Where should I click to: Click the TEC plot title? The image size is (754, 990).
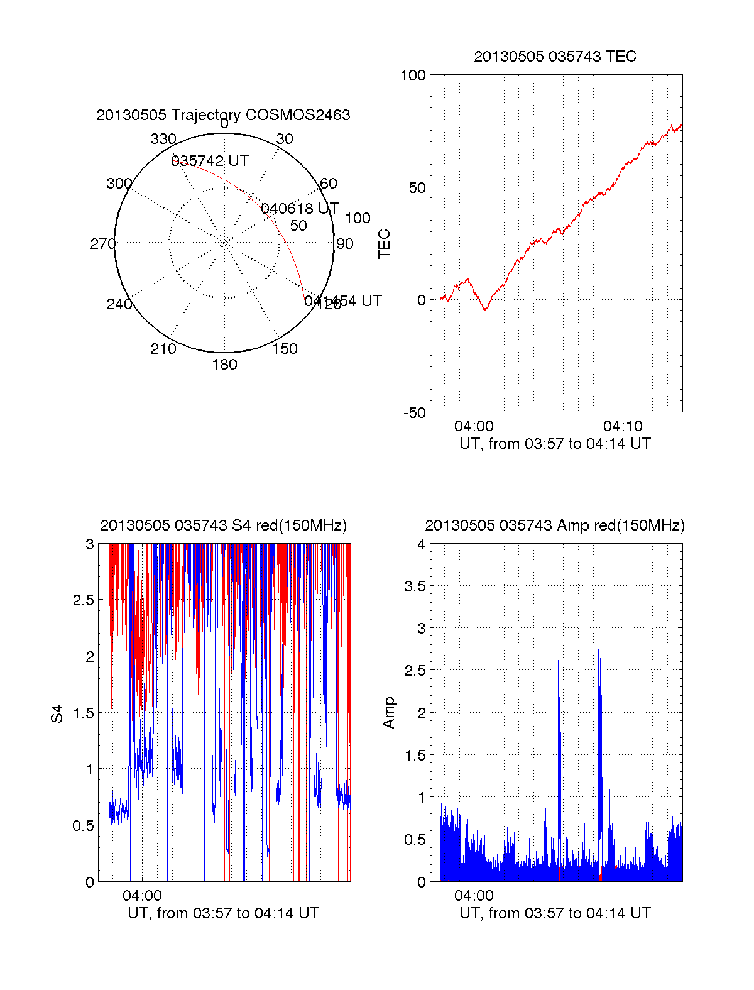[555, 57]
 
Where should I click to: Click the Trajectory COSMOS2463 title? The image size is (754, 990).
[223, 115]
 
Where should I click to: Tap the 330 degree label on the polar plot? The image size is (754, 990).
[163, 139]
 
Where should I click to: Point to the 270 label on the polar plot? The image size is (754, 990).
[102, 244]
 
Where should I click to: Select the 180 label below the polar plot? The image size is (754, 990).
[224, 365]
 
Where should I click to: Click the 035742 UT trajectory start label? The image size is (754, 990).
[210, 161]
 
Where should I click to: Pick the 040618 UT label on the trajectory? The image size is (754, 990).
[300, 209]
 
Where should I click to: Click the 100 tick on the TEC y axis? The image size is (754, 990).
[413, 75]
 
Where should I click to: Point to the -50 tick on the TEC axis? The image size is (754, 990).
[415, 413]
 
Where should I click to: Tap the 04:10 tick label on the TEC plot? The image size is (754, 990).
[623, 426]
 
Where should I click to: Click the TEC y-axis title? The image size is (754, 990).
[385, 244]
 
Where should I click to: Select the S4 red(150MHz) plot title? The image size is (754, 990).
[223, 525]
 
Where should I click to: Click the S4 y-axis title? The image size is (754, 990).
[57, 713]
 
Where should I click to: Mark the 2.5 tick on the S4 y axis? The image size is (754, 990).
[84, 600]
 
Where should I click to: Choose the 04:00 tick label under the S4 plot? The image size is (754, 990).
[142, 896]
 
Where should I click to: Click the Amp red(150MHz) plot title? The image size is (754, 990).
[555, 525]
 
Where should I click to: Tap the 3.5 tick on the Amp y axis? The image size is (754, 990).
[413, 586]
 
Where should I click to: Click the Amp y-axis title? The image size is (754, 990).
[389, 713]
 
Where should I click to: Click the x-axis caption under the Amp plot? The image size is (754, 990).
[555, 913]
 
